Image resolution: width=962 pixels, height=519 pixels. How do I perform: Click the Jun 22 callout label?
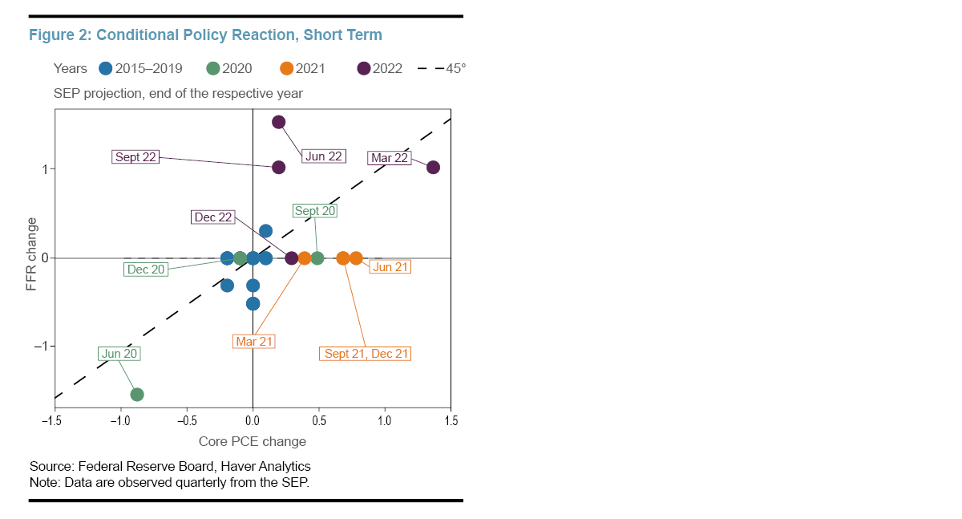[x=324, y=156]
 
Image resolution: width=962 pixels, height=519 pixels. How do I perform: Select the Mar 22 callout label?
[x=390, y=158]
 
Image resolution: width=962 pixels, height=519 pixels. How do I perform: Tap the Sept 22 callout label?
[x=135, y=157]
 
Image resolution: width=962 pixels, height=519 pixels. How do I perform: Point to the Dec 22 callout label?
[x=213, y=217]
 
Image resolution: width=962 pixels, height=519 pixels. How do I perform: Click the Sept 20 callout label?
[x=315, y=211]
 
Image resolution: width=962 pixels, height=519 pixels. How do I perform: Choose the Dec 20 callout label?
[x=146, y=270]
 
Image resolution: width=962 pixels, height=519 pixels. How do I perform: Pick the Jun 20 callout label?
[x=119, y=354]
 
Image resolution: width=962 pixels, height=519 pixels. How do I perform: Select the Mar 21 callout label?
[x=254, y=342]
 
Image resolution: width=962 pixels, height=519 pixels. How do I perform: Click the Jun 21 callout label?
[x=390, y=267]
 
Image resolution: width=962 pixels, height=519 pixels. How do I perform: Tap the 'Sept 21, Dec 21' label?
[x=366, y=354]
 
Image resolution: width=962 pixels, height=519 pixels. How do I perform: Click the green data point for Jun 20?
[x=137, y=394]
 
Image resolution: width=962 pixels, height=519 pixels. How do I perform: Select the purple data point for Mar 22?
[x=433, y=167]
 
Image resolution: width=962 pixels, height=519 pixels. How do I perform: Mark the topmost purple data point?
[x=279, y=122]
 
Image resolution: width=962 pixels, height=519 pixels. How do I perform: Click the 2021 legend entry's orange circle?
[x=288, y=68]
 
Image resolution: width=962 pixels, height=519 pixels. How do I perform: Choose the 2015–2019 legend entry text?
[x=149, y=68]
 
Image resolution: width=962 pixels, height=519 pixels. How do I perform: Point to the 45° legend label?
[x=456, y=68]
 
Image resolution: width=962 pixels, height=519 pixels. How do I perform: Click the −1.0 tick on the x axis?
[x=120, y=420]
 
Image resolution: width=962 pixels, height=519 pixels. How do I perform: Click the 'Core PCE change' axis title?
[x=253, y=441]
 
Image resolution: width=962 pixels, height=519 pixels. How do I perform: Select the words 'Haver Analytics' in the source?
[x=269, y=466]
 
